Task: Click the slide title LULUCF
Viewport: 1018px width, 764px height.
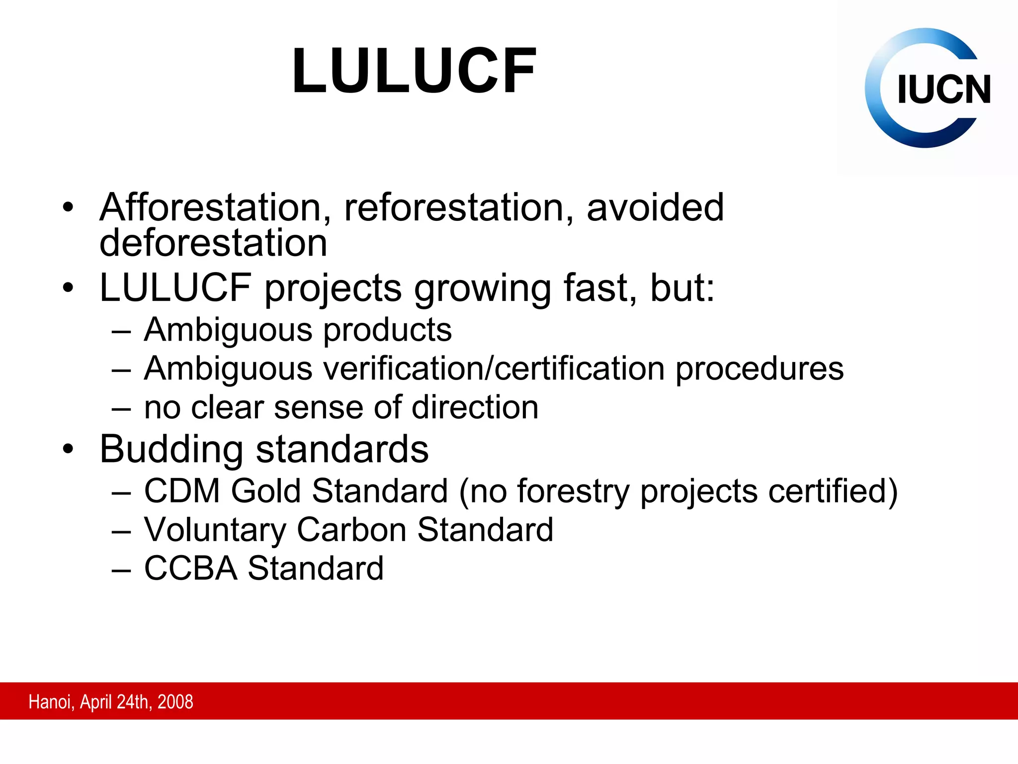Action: click(x=414, y=71)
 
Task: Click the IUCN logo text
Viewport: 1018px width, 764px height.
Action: click(x=943, y=90)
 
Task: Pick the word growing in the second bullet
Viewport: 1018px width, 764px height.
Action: click(x=482, y=288)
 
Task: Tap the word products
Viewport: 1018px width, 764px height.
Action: click(x=388, y=330)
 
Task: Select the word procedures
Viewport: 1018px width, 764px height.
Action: click(x=760, y=369)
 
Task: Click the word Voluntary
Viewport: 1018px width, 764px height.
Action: click(x=215, y=529)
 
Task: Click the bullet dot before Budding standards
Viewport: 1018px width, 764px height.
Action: click(x=68, y=449)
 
